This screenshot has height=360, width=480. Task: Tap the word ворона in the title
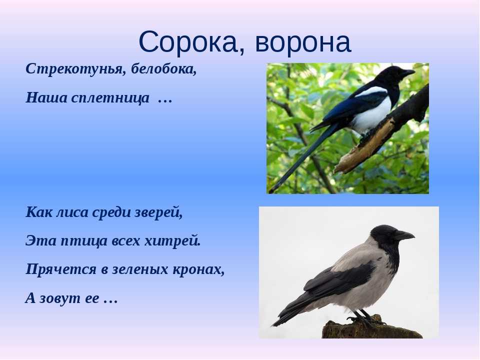[x=303, y=42]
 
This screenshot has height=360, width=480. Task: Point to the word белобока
[x=163, y=69]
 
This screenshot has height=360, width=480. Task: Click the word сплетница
[x=110, y=98]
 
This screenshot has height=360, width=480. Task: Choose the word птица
[x=83, y=241]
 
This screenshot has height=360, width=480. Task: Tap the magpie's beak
[x=407, y=73]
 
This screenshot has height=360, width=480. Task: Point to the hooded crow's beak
[x=404, y=235]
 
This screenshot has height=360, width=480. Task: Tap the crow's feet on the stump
[x=364, y=318]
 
